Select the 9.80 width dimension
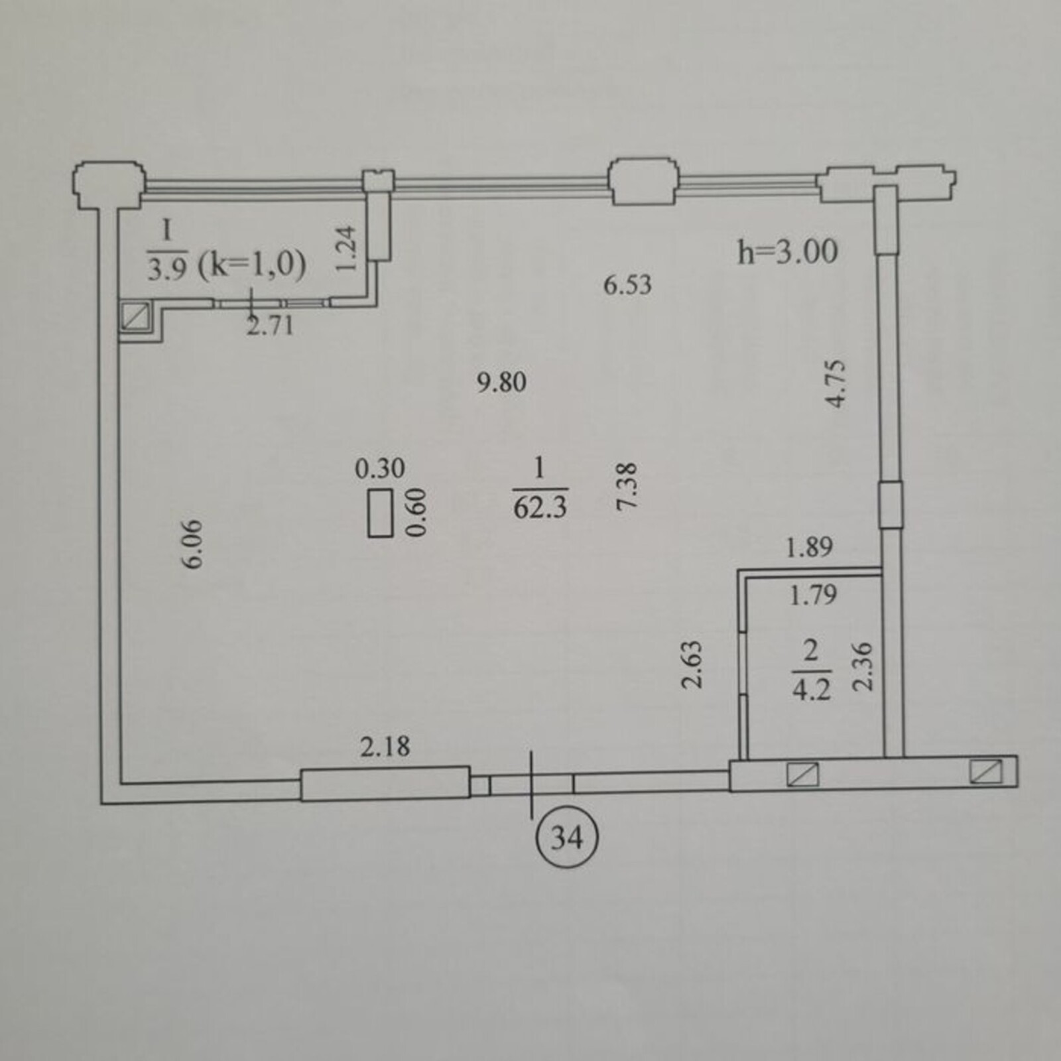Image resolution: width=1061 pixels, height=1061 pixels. click(502, 383)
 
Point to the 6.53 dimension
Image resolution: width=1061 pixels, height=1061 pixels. click(627, 285)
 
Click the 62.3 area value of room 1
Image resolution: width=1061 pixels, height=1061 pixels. click(540, 508)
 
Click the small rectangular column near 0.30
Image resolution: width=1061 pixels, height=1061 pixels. click(381, 512)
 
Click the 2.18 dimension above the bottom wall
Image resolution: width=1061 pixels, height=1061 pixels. click(385, 747)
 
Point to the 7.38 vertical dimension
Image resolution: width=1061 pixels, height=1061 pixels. click(627, 486)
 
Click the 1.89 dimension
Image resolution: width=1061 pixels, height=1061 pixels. click(809, 548)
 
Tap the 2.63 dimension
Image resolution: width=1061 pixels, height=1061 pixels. click(692, 664)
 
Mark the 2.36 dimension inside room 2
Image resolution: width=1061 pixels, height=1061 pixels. click(863, 666)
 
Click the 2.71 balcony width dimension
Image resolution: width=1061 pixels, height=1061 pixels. click(270, 326)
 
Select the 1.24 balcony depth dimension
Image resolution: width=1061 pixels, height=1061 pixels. click(346, 249)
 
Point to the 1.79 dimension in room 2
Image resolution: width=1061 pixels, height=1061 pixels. click(813, 595)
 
